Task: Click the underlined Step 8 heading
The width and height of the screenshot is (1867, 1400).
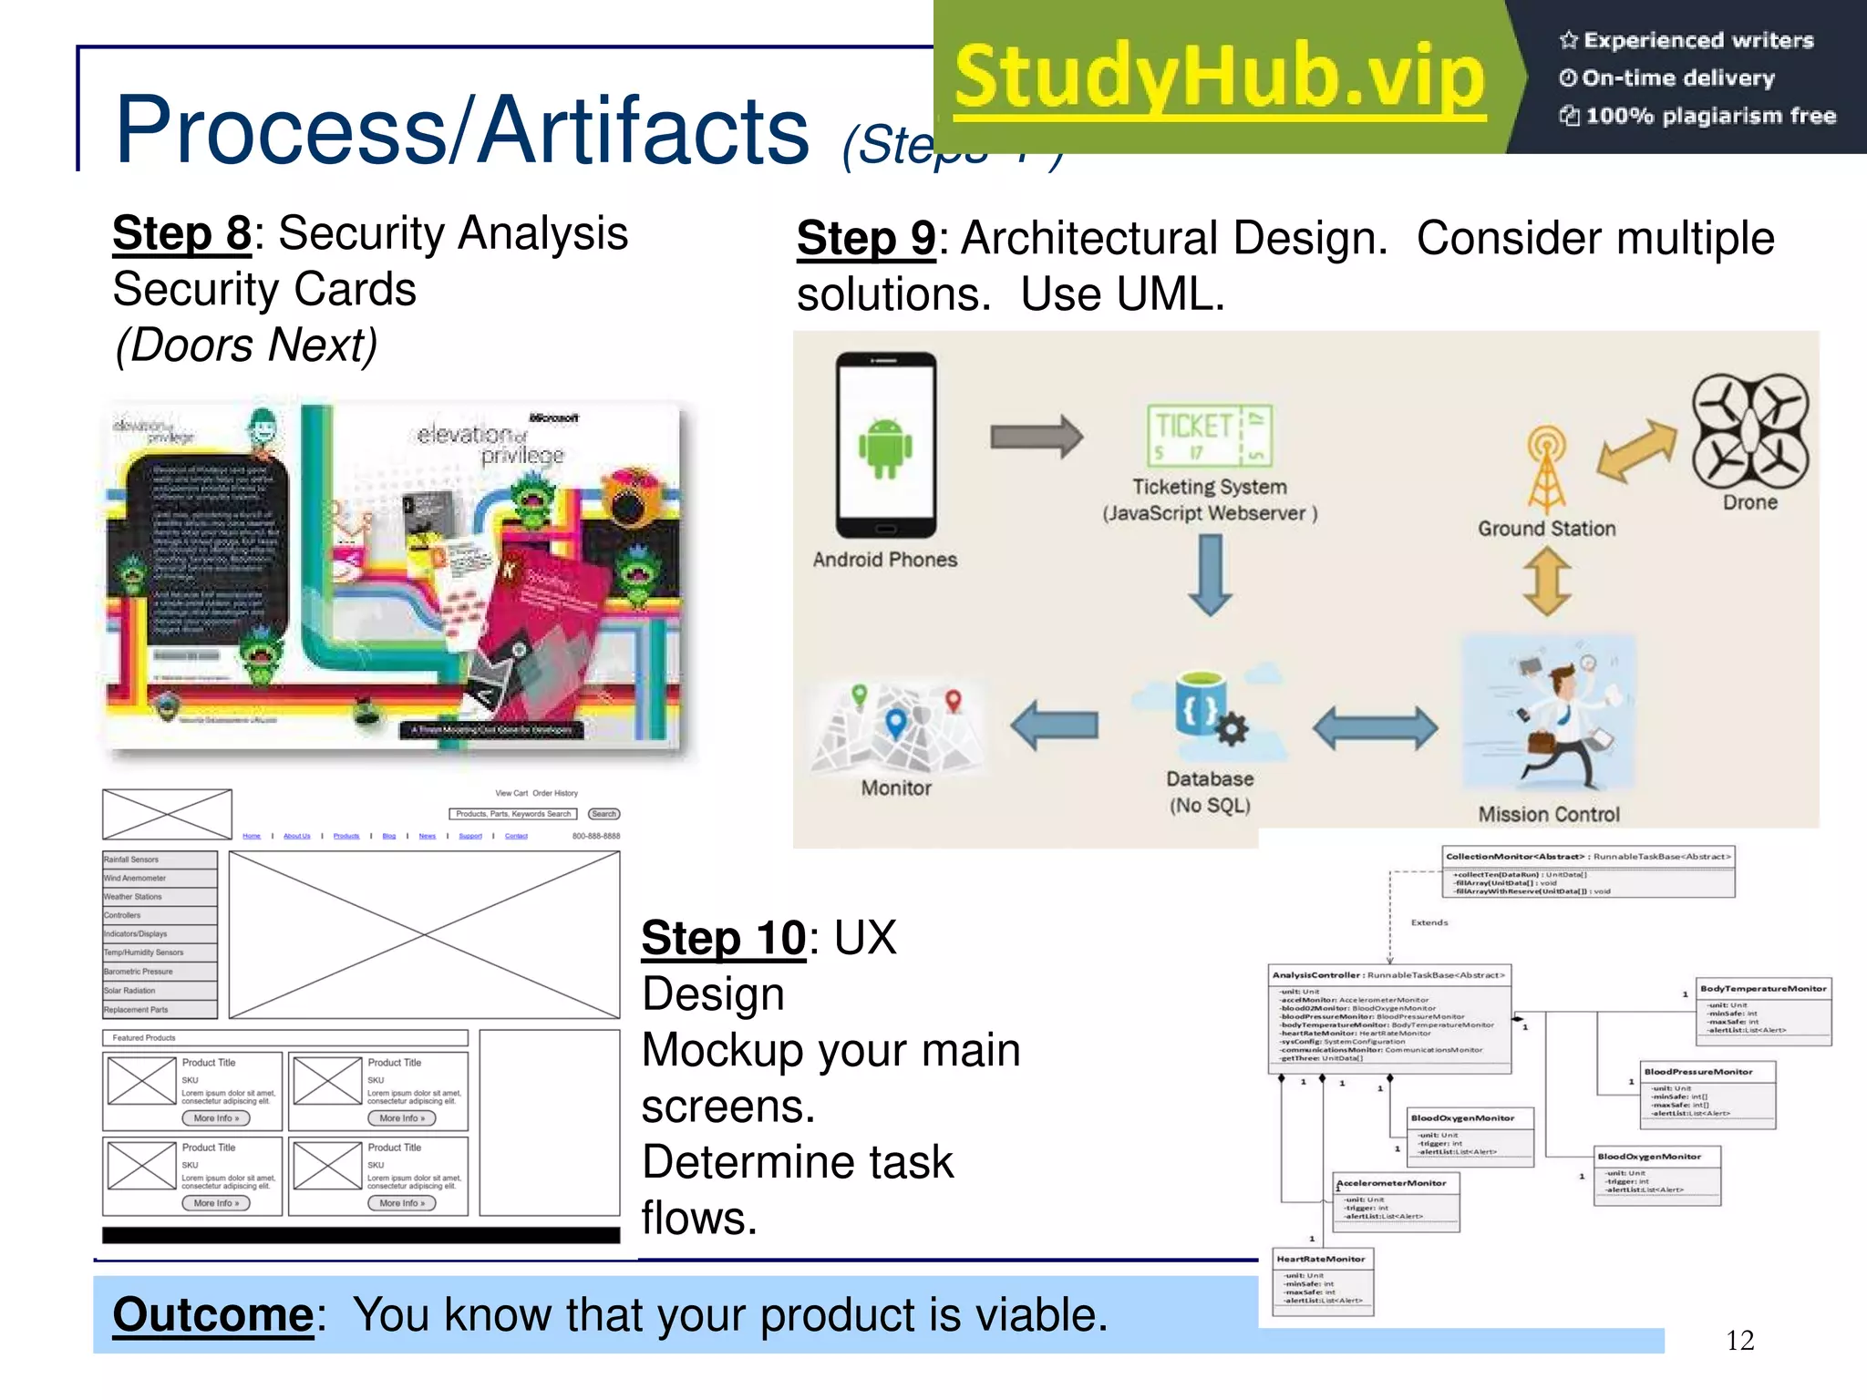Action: coord(181,233)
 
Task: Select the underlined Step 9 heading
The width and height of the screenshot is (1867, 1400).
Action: coord(866,239)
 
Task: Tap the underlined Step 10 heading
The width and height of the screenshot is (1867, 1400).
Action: coord(724,938)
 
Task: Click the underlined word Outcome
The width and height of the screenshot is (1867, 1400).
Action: coord(213,1314)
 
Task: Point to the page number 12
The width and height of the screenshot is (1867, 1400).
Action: coord(1739,1340)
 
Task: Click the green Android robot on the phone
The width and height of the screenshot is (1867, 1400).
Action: coord(884,448)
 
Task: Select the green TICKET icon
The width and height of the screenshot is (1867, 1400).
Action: coord(1209,435)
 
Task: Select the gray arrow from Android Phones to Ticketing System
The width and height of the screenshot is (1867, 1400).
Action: coord(1037,437)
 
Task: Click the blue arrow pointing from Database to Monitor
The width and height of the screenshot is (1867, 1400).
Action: coord(1055,726)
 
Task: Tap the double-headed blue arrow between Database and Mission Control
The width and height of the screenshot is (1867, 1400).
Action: coord(1375,727)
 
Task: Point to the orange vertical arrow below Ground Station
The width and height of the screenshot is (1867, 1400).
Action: coord(1547,580)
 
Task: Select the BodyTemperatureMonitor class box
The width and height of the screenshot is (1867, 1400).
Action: coord(1763,1010)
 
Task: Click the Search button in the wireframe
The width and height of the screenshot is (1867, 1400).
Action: coord(603,814)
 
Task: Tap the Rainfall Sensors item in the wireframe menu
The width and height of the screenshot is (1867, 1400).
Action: coord(160,860)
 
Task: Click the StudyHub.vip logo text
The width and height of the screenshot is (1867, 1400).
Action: coord(1220,77)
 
